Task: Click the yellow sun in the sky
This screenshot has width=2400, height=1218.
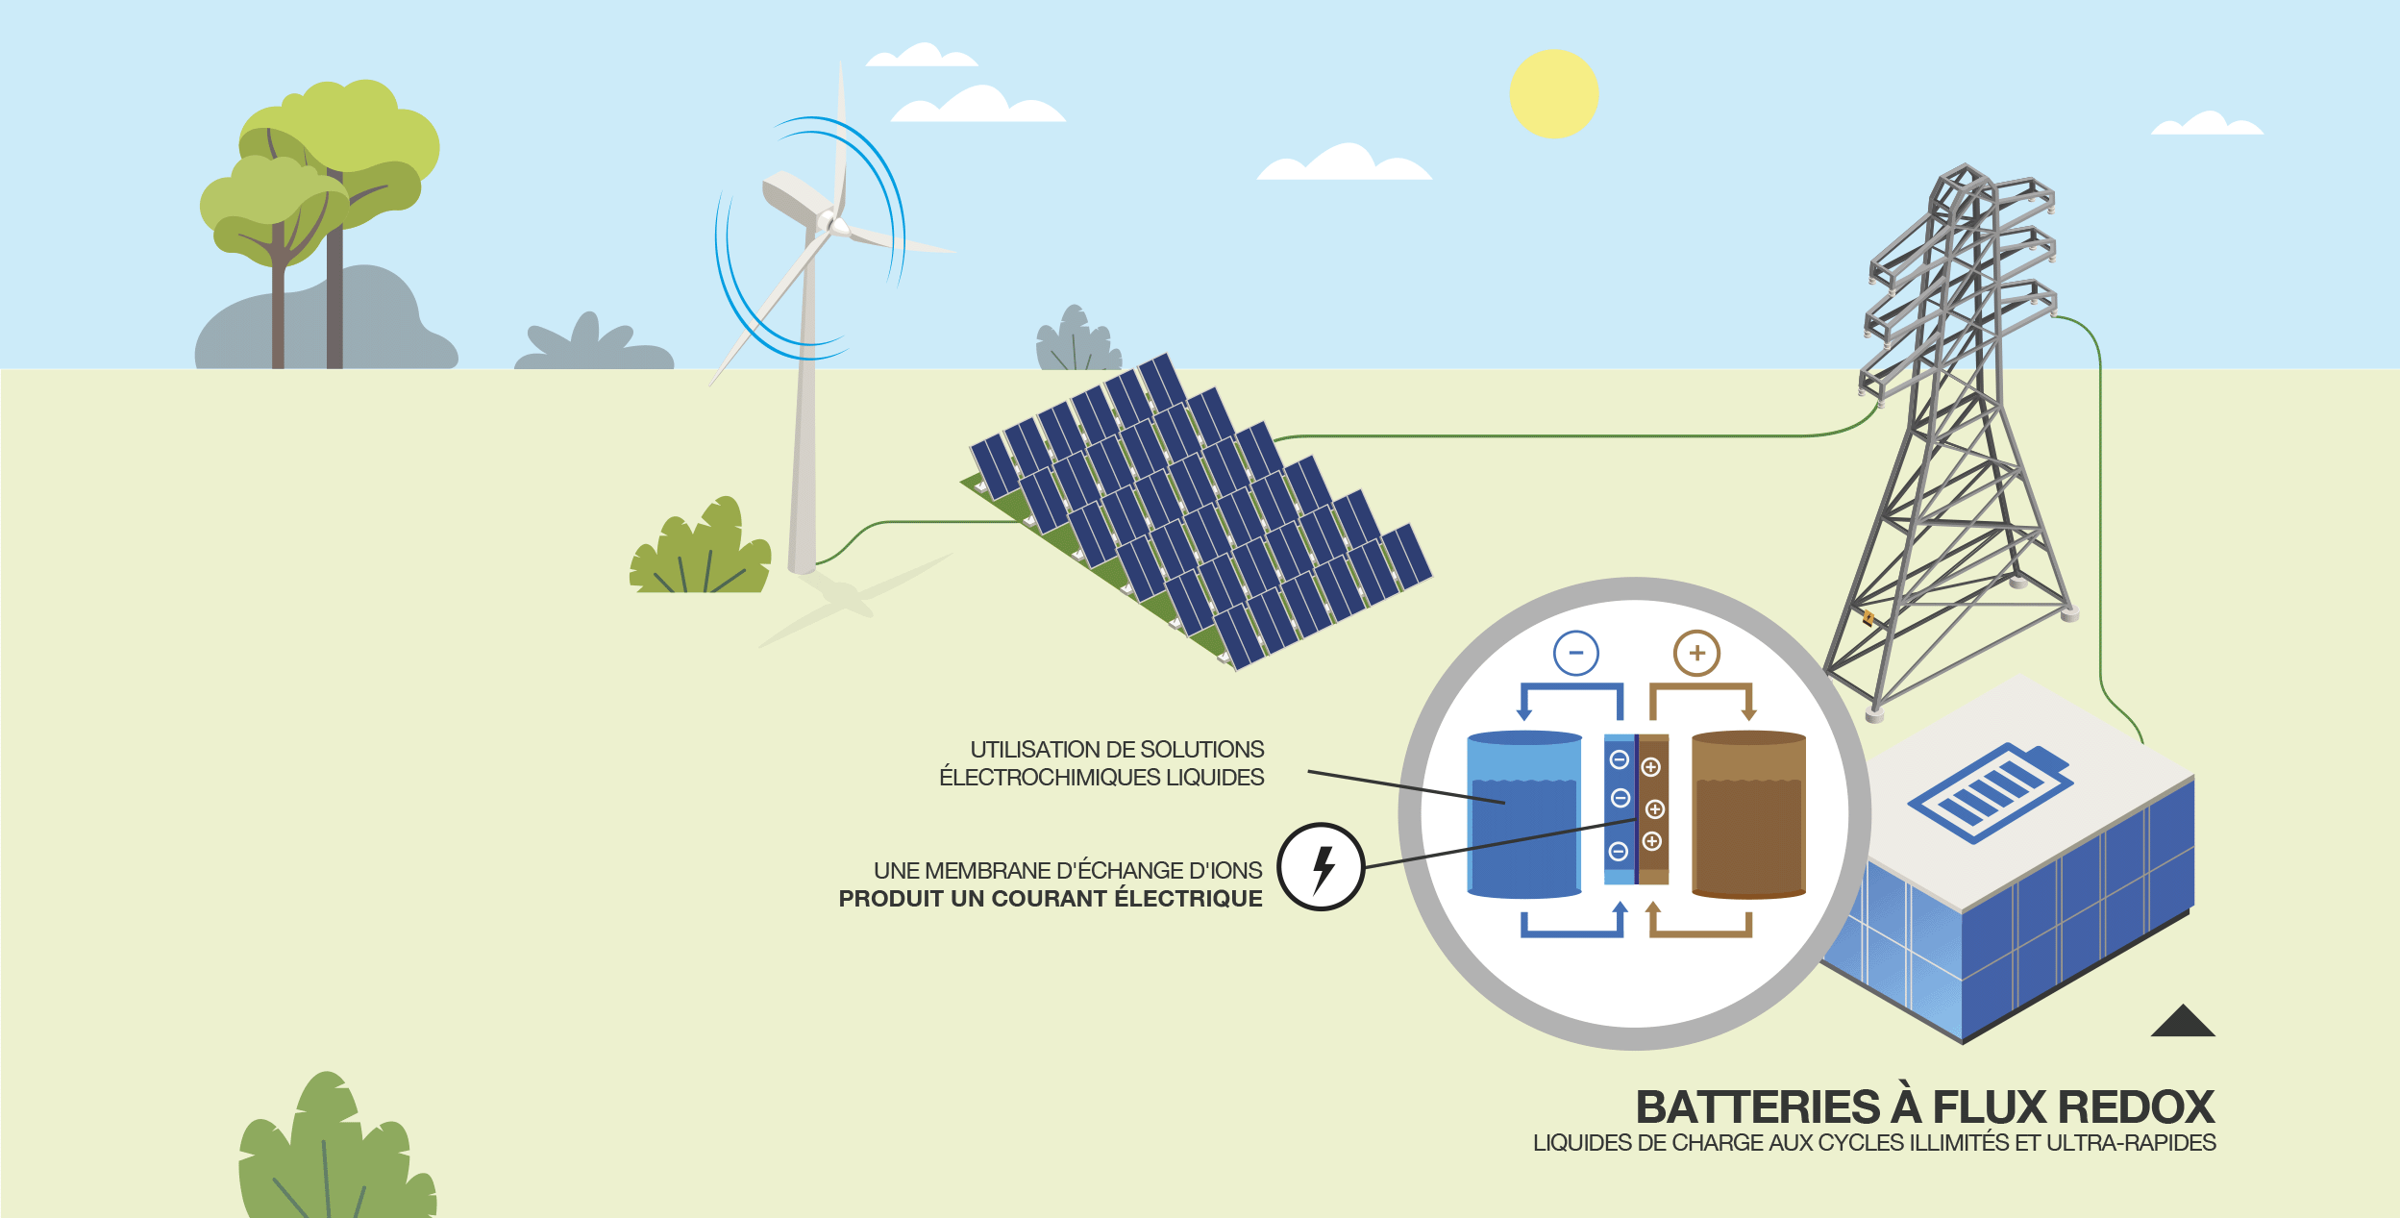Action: coord(1553,94)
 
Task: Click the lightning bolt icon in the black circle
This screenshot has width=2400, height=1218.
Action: coord(1322,867)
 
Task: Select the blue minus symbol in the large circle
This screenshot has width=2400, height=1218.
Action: coord(1575,654)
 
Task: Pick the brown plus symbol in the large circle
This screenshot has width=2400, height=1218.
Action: coord(1696,654)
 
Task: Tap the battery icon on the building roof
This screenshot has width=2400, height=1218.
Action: coord(1991,792)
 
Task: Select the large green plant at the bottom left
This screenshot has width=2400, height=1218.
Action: coord(332,1154)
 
